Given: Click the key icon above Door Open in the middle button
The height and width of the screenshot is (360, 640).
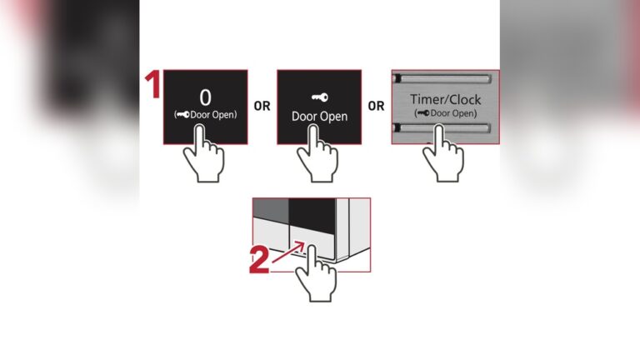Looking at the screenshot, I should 318,97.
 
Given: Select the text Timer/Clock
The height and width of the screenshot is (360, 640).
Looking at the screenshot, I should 445,100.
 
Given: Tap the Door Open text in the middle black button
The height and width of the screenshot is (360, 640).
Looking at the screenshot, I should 318,116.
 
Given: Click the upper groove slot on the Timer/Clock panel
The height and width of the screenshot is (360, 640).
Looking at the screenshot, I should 445,80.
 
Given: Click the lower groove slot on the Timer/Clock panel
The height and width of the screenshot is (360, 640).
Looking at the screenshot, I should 445,127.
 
